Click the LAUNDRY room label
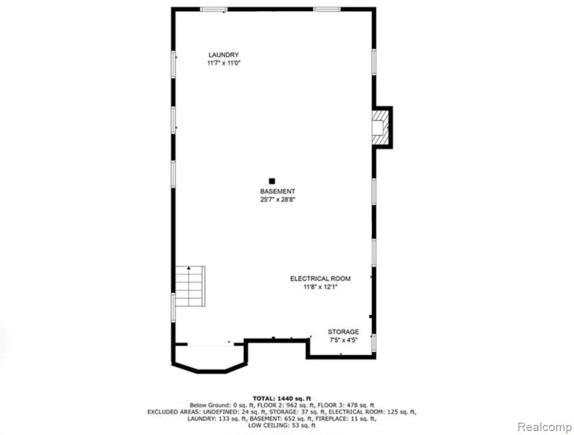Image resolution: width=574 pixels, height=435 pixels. pos(223,55)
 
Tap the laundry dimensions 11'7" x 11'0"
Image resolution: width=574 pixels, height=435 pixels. pos(224,63)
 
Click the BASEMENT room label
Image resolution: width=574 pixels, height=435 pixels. pos(278,191)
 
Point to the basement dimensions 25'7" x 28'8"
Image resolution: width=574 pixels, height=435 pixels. pos(278,200)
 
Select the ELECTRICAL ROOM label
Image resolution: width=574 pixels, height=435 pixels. pos(320,279)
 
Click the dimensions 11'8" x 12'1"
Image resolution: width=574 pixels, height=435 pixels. pos(320,287)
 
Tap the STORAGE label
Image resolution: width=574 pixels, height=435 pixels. pos(343,332)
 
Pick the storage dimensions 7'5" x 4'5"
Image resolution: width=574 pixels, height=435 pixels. pos(343,340)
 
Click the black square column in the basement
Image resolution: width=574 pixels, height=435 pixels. pos(272,181)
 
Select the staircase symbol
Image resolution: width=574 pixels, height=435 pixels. pos(190,286)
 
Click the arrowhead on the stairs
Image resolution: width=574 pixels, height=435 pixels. pos(189,268)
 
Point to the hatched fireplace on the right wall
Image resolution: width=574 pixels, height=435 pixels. pos(380,127)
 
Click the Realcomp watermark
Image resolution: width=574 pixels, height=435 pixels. pos(545,427)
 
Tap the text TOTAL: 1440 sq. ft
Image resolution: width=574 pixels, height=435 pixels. pos(282,398)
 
